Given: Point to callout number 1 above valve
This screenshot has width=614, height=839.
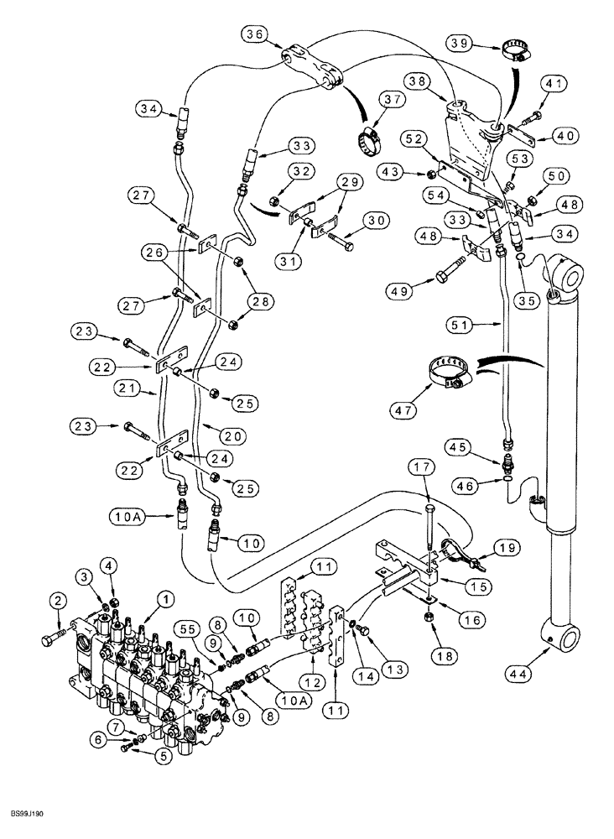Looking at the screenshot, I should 165,598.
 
